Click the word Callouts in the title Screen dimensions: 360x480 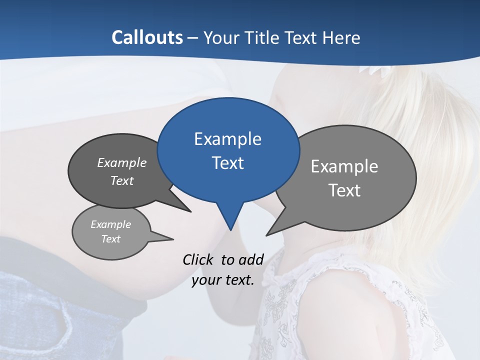(147, 37)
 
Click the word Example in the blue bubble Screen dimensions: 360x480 (227, 139)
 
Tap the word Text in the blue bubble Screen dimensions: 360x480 (227, 163)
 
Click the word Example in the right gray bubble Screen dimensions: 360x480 (344, 166)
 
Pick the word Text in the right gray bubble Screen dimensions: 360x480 (344, 190)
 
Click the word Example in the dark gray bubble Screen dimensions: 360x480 (122, 162)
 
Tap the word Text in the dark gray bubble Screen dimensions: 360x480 (122, 180)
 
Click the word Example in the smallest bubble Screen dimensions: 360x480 (110, 224)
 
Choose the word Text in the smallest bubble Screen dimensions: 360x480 (110, 239)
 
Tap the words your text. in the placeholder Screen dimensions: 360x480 (223, 280)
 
